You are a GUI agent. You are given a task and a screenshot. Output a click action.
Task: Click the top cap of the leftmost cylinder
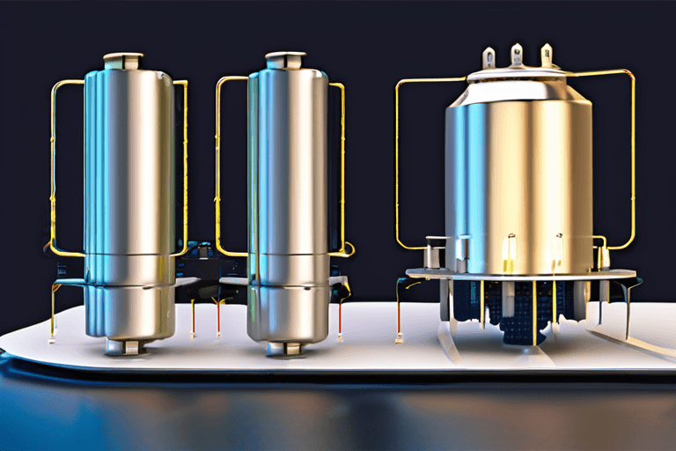pos(122,60)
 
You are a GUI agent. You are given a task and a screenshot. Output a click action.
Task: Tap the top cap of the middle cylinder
pos(286,60)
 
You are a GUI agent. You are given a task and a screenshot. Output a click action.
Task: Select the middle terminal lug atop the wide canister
pos(517,55)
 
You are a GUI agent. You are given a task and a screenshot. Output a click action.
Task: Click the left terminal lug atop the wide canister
pos(489,58)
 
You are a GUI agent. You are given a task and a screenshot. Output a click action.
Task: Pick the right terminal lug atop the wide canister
pos(547,55)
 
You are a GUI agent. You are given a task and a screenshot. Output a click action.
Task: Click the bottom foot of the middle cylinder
pos(286,346)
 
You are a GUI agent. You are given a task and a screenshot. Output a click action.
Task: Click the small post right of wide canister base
pos(604,256)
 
